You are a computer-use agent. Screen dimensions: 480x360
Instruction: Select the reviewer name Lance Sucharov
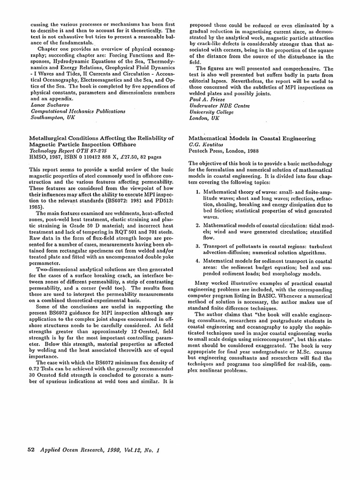51,105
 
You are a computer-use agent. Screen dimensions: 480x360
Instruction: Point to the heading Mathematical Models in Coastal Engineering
252,138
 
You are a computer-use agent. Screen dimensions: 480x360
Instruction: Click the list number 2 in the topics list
198,225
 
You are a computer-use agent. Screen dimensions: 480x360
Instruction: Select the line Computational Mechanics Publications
78,112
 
